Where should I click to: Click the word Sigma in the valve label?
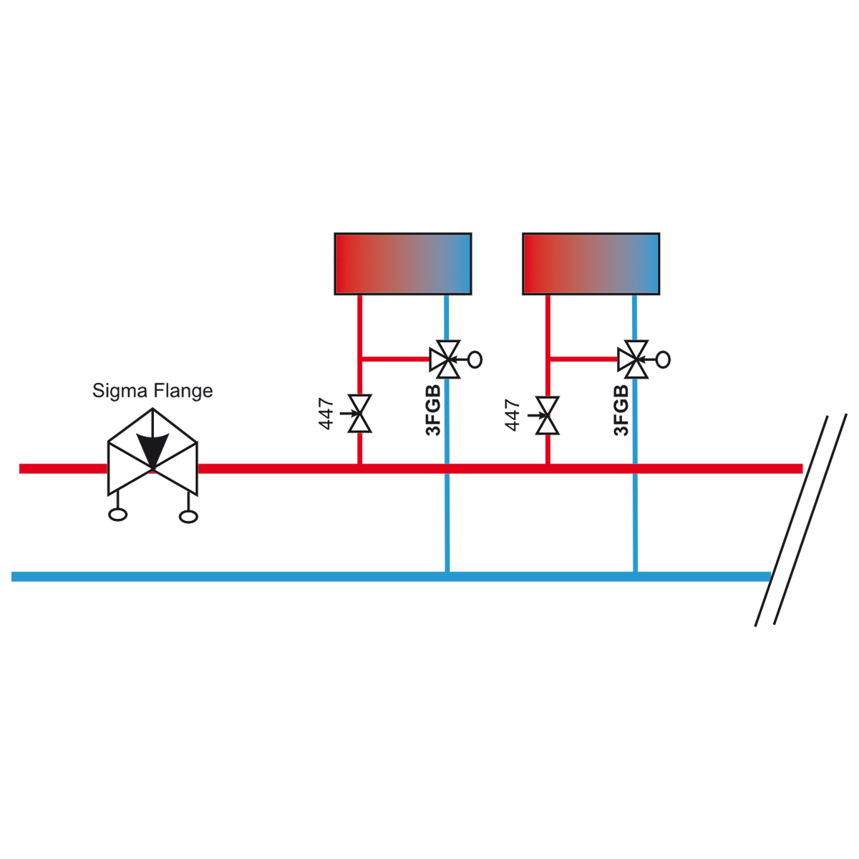click(x=120, y=392)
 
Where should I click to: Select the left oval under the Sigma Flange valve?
click(x=117, y=515)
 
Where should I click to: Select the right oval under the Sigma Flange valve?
click(x=188, y=517)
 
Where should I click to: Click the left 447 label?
click(x=326, y=414)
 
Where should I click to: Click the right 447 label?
click(x=513, y=415)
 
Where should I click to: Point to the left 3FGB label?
click(x=433, y=409)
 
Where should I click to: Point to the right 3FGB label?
click(x=621, y=410)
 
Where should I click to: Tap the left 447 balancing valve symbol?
click(x=359, y=413)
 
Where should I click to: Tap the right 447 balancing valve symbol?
click(x=548, y=415)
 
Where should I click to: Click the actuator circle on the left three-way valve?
click(x=475, y=359)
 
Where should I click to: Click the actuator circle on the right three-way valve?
click(x=664, y=360)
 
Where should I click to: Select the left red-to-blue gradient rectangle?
click(x=403, y=263)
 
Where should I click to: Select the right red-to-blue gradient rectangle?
click(x=591, y=263)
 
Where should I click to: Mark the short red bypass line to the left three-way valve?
click(x=396, y=359)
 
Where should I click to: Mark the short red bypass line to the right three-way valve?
click(x=584, y=359)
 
